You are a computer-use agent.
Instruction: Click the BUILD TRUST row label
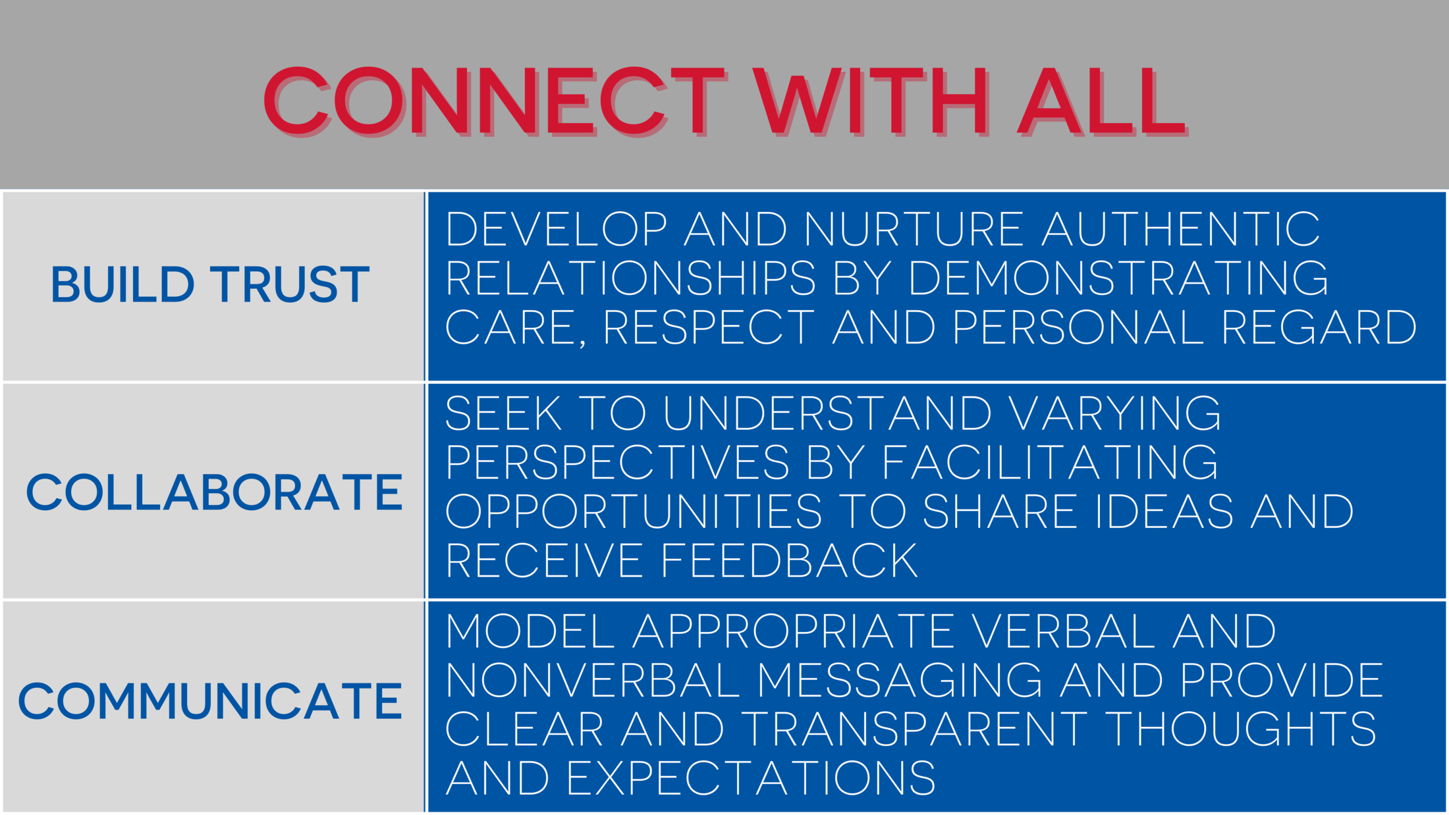coord(210,285)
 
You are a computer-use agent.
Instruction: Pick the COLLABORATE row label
coord(214,492)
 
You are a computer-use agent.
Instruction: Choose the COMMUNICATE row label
coord(210,701)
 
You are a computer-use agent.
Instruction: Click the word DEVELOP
coord(557,230)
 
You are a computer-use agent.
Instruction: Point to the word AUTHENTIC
coord(1181,230)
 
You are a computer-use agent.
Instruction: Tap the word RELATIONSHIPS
coord(630,278)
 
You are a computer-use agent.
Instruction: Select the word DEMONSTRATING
coord(1118,278)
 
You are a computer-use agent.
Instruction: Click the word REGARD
coord(1319,327)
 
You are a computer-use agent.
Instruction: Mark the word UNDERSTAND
coord(827,414)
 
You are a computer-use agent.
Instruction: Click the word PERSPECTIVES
coord(617,463)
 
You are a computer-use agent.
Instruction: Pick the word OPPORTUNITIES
coord(634,512)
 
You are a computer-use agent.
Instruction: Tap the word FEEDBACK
coord(789,561)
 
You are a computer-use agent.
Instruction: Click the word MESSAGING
coord(900,681)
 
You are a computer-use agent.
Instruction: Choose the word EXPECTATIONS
coord(751,779)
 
